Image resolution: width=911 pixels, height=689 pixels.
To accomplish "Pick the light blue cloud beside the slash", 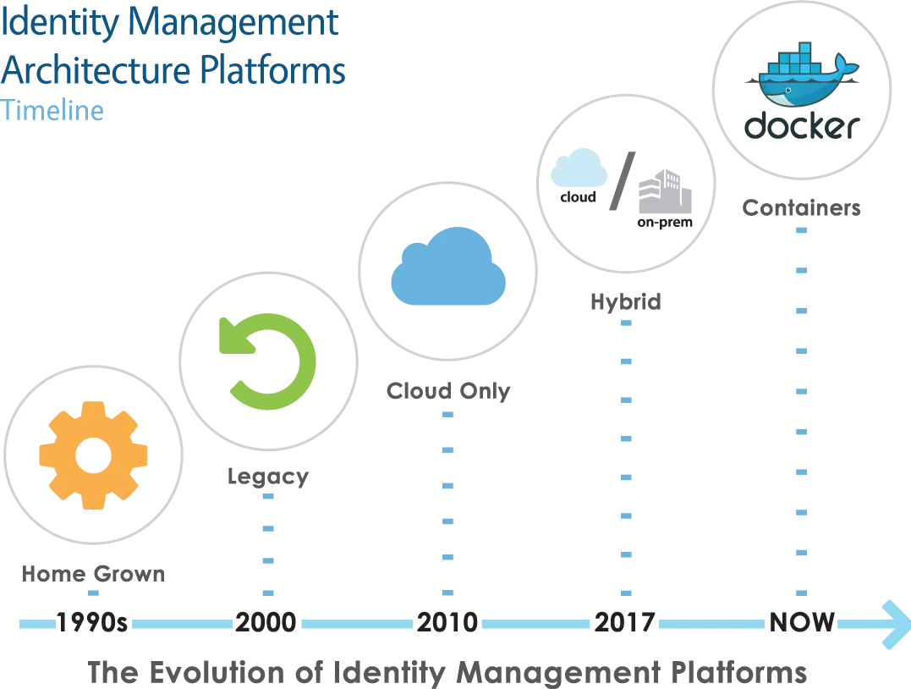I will point(577,168).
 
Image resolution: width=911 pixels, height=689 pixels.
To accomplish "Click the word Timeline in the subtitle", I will point(53,110).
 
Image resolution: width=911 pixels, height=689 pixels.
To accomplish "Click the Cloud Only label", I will point(449,391).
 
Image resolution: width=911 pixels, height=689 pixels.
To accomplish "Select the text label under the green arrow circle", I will point(266,477).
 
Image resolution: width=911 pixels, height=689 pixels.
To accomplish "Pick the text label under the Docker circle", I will point(801,207).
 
